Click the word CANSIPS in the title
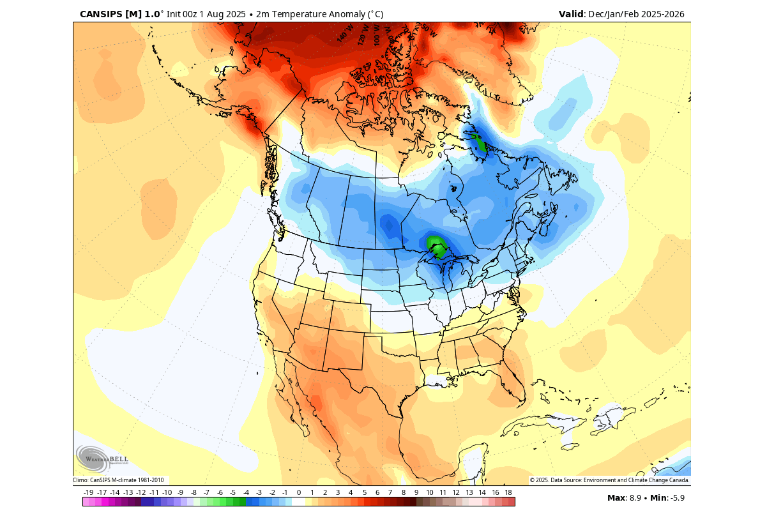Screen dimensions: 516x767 101,13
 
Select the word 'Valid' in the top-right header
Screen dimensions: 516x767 571,13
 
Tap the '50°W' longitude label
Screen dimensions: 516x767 429,30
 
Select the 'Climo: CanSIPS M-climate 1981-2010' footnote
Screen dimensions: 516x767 118,480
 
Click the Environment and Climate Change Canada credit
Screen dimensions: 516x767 609,480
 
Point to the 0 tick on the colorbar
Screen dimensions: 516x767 298,492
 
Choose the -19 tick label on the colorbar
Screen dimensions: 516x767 89,492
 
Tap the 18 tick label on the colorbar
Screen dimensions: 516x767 508,492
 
